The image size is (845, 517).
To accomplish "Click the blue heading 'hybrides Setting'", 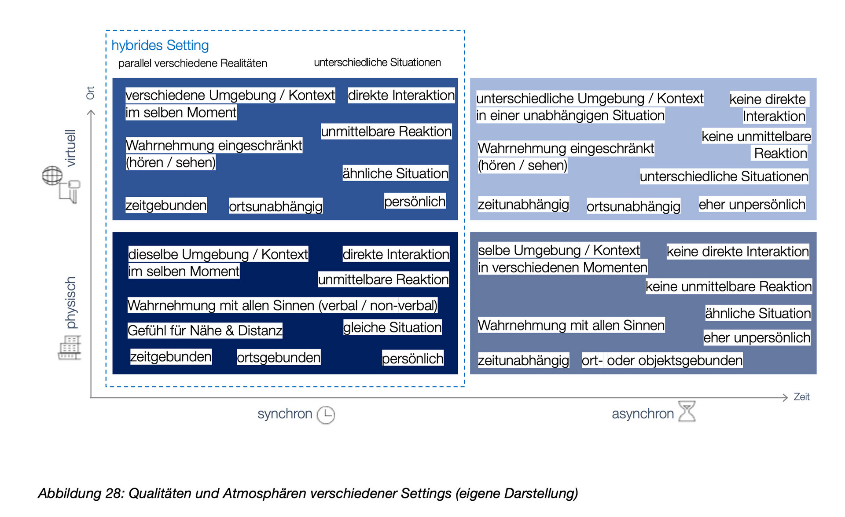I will (160, 45).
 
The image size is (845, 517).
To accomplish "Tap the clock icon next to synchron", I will (326, 415).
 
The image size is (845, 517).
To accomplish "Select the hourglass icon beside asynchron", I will (687, 411).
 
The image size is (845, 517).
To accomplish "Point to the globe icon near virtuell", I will (52, 176).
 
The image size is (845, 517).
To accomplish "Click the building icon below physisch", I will (70, 348).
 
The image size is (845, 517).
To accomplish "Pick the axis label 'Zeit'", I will (801, 397).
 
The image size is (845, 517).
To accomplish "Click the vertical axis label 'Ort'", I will (90, 93).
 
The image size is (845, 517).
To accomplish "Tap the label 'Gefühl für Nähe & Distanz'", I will (205, 330).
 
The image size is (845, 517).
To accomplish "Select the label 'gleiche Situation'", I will (392, 327).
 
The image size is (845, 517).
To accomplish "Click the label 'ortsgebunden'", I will (279, 357).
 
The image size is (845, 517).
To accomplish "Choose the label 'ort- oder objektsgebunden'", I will (662, 360).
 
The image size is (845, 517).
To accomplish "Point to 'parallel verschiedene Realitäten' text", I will (192, 63).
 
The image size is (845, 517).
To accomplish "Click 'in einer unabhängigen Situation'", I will (570, 116).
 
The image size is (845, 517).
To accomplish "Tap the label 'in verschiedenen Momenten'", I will (562, 268).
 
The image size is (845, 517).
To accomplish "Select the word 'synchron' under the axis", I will (284, 414).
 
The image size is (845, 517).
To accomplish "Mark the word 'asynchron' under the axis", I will (643, 414).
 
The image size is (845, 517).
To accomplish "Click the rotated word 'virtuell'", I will (70, 148).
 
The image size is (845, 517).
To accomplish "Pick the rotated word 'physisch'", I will (70, 303).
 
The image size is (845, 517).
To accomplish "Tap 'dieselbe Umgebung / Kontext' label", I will (218, 254).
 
